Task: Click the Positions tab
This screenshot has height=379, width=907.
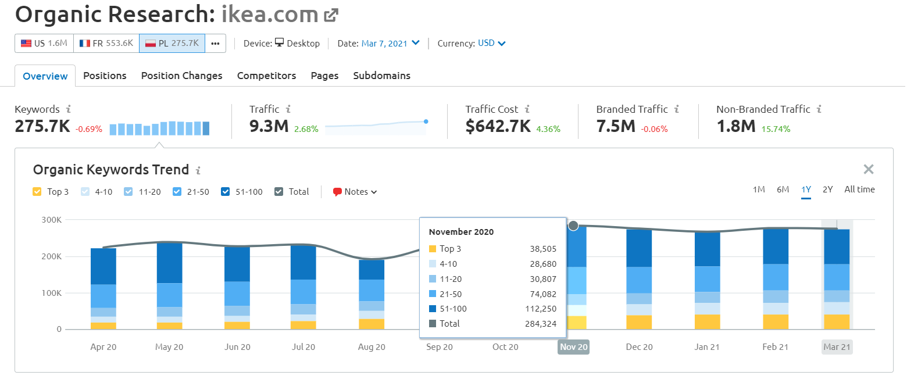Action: point(105,76)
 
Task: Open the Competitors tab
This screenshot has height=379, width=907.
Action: point(266,76)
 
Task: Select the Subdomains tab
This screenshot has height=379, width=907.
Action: point(381,76)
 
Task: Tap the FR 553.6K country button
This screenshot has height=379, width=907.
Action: point(106,44)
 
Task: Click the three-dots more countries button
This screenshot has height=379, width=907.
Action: point(215,44)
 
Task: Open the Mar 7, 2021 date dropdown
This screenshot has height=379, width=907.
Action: point(390,44)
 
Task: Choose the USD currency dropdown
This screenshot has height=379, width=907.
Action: point(491,44)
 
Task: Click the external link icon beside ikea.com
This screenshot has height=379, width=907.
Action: point(331,15)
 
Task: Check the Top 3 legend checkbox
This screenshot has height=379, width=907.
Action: point(37,191)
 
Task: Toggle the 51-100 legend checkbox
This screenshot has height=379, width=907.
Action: point(225,191)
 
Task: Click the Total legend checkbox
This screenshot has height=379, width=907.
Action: point(278,191)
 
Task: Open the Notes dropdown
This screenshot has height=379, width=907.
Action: point(355,191)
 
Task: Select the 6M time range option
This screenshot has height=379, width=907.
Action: point(783,189)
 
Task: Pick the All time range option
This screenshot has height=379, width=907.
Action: point(859,189)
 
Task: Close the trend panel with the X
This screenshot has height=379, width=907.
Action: point(868,169)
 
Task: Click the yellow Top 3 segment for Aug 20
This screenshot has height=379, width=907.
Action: point(372,324)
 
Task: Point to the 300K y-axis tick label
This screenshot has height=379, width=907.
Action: point(51,220)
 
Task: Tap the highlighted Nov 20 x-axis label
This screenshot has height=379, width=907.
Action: point(573,347)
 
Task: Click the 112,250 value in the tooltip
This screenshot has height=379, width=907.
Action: point(541,309)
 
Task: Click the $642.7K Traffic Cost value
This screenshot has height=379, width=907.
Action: point(498,126)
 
